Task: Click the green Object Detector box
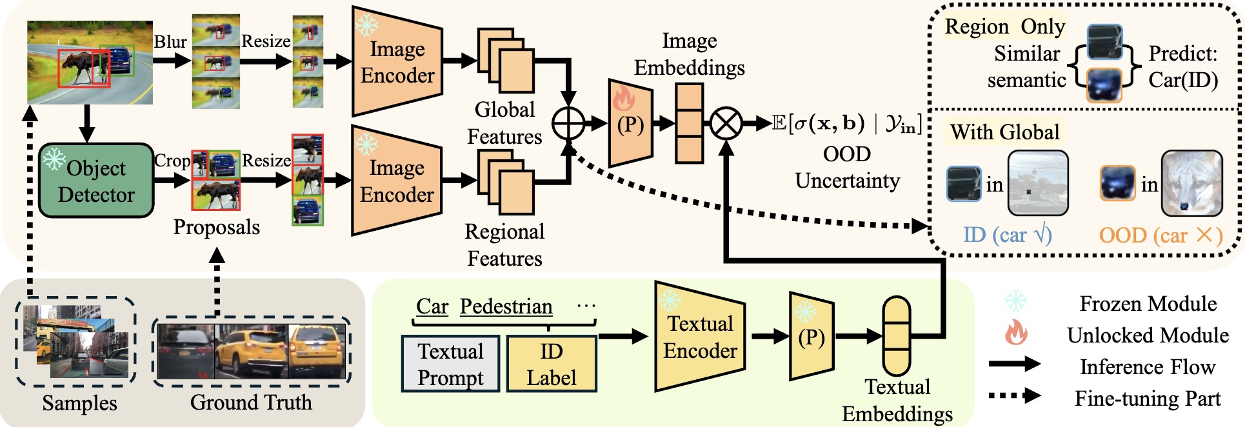[x=96, y=181]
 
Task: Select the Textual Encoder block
[x=700, y=337]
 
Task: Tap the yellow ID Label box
[x=551, y=364]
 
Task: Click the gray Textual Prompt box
[x=450, y=364]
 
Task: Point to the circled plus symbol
[x=568, y=123]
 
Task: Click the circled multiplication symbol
[x=726, y=123]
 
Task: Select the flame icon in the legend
[x=1015, y=333]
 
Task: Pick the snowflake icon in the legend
[x=1015, y=302]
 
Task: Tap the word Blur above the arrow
[x=170, y=42]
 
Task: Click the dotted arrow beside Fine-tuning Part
[x=1015, y=395]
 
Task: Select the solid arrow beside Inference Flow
[x=1015, y=364]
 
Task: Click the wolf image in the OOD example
[x=1191, y=183]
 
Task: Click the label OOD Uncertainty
[x=847, y=167]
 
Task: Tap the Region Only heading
[x=1004, y=26]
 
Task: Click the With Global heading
[x=1004, y=132]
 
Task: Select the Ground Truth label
[x=251, y=402]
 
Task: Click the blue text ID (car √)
[x=1007, y=235]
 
